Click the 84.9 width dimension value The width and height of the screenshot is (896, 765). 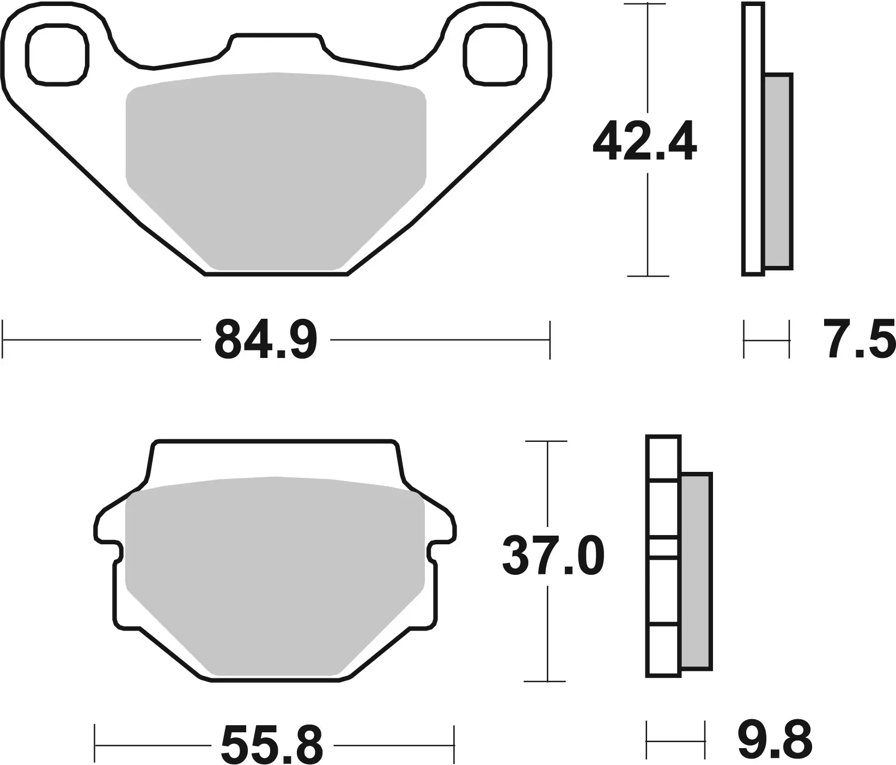pos(265,341)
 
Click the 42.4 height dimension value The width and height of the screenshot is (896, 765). pos(644,143)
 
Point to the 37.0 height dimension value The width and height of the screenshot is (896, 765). pos(553,556)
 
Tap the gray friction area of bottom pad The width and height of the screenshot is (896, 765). pos(275,572)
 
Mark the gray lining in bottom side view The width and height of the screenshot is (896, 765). pos(696,571)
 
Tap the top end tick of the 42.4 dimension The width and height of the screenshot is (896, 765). pos(647,4)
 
